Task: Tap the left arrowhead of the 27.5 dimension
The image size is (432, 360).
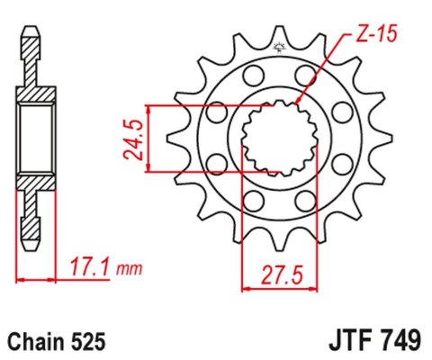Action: pos(246,289)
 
